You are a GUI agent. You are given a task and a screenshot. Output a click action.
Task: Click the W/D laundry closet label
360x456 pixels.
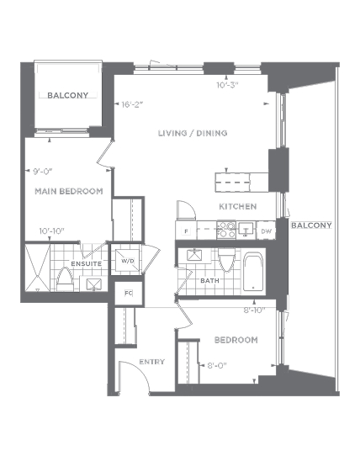click(128, 261)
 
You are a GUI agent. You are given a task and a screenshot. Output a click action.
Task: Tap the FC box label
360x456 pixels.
click(129, 293)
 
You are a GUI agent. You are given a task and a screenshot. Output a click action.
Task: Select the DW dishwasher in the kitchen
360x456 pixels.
click(266, 231)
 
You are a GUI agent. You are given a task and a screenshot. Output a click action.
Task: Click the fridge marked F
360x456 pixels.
click(186, 231)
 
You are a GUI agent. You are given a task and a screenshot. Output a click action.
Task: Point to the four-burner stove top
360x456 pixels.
click(226, 230)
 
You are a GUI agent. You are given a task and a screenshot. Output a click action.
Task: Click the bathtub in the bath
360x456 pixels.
click(253, 272)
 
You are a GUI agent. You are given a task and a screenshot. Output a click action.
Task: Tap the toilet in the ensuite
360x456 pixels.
click(65, 280)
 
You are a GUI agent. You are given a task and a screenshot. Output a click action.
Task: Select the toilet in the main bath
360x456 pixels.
click(226, 259)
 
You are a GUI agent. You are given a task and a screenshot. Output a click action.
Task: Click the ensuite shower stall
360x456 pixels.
click(38, 268)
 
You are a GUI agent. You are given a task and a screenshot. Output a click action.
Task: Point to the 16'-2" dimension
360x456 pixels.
click(133, 104)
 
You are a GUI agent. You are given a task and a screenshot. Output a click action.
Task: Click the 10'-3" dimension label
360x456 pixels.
click(227, 85)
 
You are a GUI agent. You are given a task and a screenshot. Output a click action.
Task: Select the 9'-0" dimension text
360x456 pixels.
click(42, 172)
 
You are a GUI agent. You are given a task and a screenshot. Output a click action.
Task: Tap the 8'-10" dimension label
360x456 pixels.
click(255, 310)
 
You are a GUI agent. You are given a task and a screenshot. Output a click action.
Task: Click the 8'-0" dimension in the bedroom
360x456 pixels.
click(217, 365)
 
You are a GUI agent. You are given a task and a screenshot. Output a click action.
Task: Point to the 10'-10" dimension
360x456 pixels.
click(52, 231)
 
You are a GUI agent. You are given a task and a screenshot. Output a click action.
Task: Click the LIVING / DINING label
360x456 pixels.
click(193, 133)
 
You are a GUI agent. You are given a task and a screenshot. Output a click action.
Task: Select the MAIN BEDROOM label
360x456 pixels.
click(69, 191)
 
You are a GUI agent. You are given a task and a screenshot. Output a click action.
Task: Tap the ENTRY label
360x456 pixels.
click(151, 362)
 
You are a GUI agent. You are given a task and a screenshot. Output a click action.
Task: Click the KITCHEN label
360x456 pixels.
click(238, 206)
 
